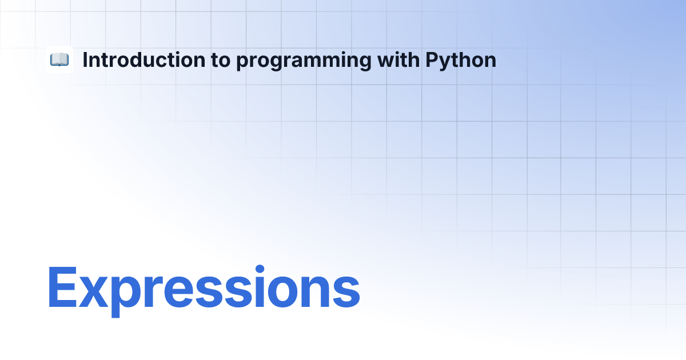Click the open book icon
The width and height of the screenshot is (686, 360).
[59, 59]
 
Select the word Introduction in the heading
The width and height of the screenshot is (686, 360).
[144, 59]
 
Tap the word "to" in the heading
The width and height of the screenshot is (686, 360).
[221, 61]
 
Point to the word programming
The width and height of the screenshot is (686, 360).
[304, 61]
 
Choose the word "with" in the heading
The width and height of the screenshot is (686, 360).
[398, 59]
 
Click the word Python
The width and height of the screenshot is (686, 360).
[461, 61]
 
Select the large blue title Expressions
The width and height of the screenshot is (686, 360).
[204, 291]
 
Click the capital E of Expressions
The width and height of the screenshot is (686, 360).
[62, 287]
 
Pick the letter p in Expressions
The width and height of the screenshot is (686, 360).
[125, 297]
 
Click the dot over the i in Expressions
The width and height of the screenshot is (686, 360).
[260, 269]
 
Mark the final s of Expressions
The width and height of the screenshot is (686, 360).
[346, 293]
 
